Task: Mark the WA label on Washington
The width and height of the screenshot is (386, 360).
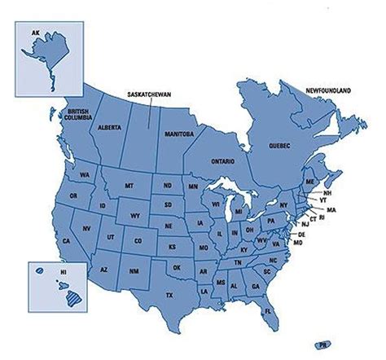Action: point(85,175)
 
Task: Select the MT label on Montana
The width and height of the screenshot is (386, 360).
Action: point(129,187)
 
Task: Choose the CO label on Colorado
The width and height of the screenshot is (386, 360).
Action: point(138,240)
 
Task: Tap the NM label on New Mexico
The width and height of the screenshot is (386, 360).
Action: point(134,270)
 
